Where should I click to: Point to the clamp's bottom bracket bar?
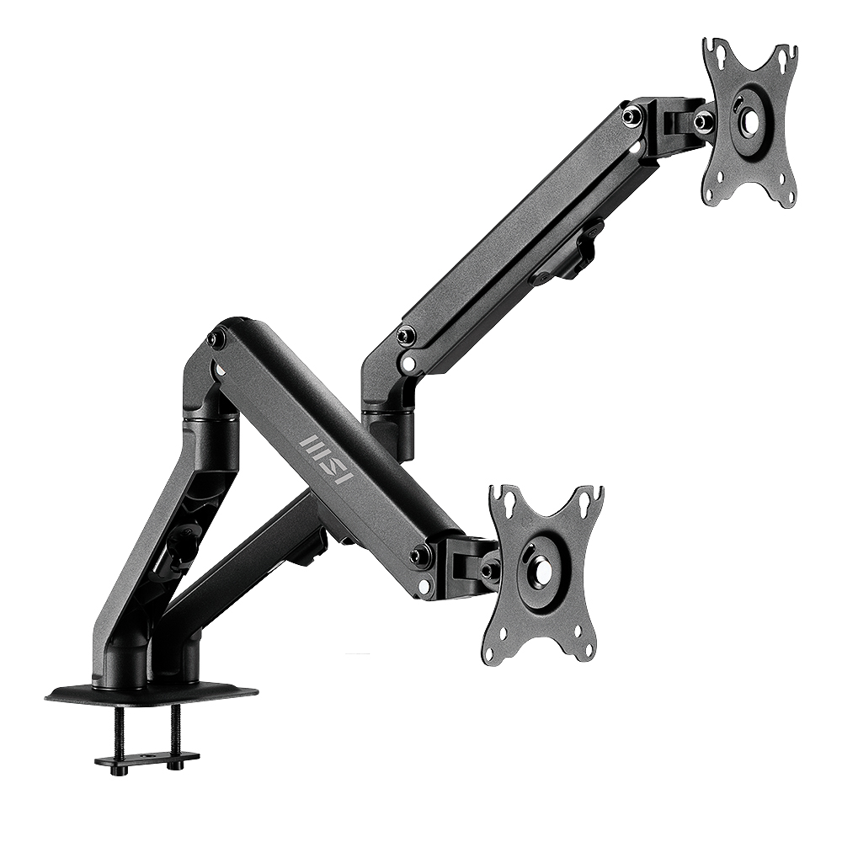[146, 760]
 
